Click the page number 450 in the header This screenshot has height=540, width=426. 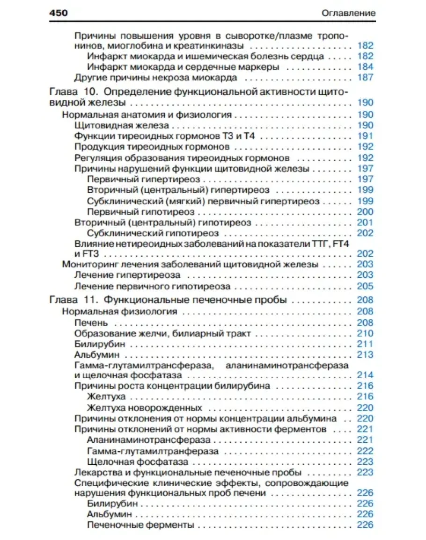click(x=59, y=13)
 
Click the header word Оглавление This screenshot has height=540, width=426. click(x=349, y=13)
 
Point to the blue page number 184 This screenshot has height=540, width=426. click(x=365, y=67)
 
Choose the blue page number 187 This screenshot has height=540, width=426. click(x=365, y=78)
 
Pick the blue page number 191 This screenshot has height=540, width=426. click(x=365, y=136)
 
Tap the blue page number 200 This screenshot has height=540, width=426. click(x=365, y=212)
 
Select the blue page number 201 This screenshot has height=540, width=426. click(x=365, y=223)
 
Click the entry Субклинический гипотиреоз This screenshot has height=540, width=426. click(x=153, y=233)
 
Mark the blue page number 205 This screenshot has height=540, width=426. click(x=365, y=286)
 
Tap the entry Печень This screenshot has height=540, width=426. click(x=91, y=323)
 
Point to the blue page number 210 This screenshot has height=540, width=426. click(x=365, y=333)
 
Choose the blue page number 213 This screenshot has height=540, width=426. click(x=365, y=355)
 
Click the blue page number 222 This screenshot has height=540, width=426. click(x=365, y=451)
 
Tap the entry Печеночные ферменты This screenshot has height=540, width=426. click(x=140, y=525)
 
